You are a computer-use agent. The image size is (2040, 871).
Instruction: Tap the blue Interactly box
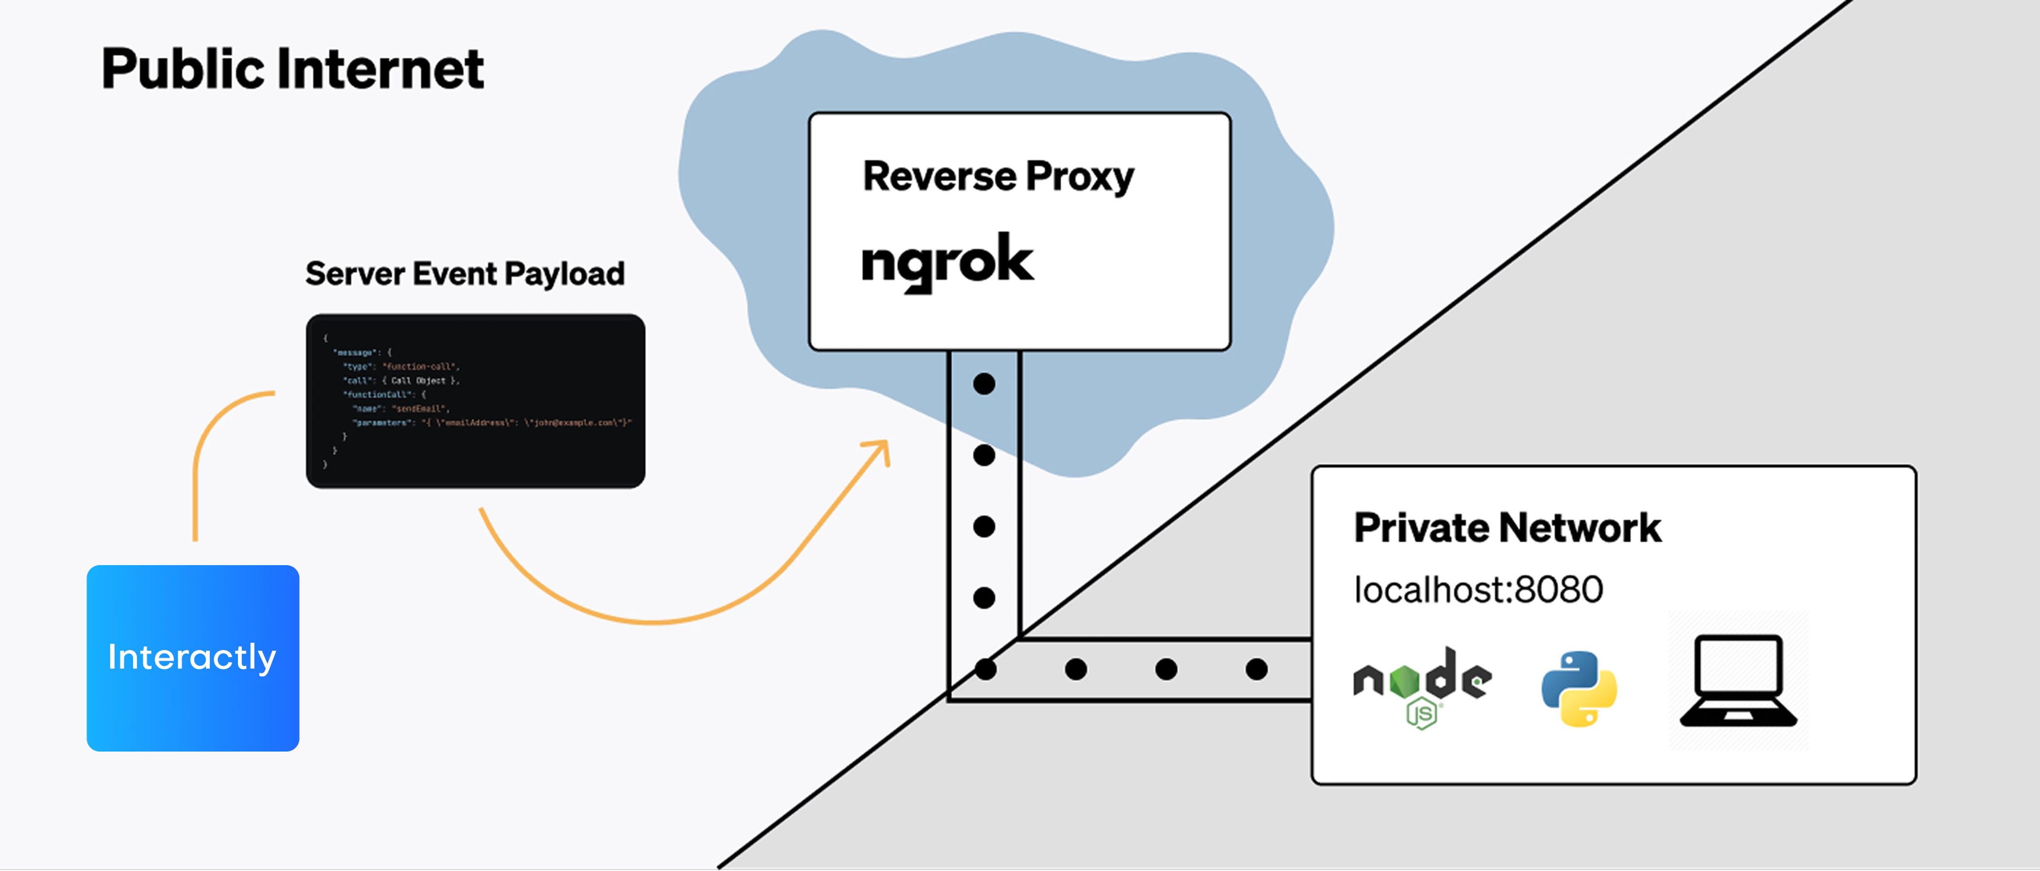coord(192,657)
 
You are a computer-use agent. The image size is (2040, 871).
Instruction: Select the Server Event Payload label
coord(465,274)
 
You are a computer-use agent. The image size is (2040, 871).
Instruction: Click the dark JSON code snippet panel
coord(475,401)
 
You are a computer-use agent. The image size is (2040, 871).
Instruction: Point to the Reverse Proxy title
coord(998,176)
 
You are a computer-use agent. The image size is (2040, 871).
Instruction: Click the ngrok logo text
coord(947,261)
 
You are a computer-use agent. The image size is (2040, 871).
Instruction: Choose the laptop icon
coord(1738,681)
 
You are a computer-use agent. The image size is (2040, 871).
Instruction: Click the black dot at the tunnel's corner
coord(985,669)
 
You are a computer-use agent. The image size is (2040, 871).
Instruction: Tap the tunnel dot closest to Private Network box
coord(1256,669)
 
